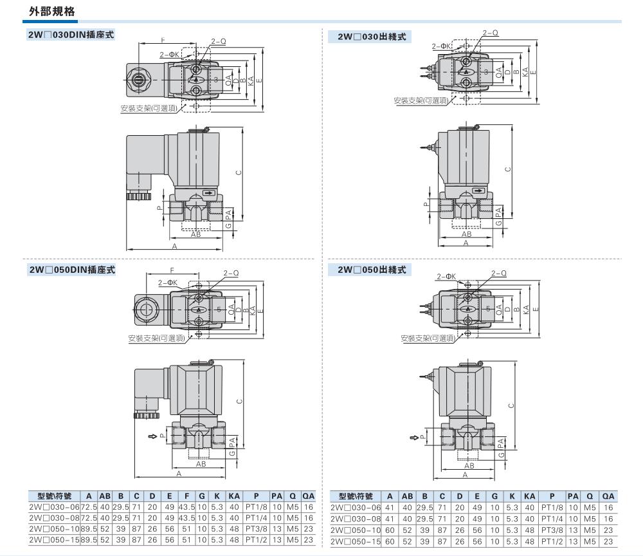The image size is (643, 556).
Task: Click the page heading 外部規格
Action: click(x=51, y=11)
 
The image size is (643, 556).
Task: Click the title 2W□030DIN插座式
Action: click(x=71, y=35)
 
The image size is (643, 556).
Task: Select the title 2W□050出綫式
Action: click(x=372, y=270)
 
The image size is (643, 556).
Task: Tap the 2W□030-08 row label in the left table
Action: click(x=54, y=518)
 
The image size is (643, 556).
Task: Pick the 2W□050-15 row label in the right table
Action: click(x=356, y=542)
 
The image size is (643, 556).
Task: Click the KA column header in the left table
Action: click(x=234, y=496)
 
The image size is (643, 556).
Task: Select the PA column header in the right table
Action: click(x=573, y=496)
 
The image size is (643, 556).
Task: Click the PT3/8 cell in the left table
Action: click(x=257, y=530)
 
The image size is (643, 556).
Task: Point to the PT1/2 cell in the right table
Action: click(x=552, y=542)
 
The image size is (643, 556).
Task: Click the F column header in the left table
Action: click(x=186, y=496)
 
